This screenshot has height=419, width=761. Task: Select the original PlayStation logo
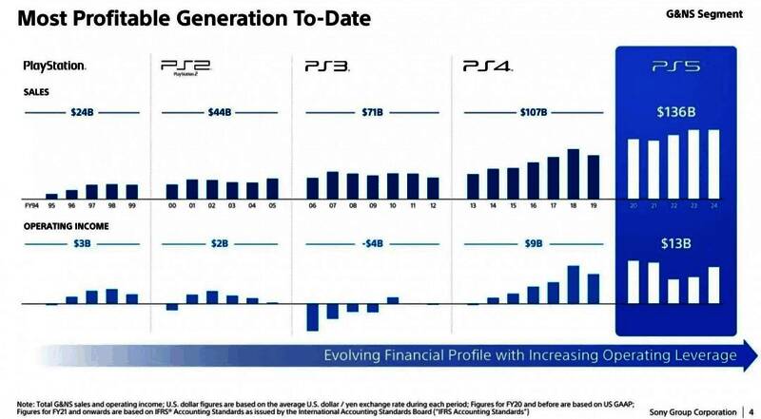(x=54, y=67)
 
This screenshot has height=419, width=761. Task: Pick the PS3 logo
(x=327, y=67)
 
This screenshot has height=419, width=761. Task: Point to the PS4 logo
(x=487, y=67)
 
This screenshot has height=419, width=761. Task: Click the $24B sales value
(x=82, y=112)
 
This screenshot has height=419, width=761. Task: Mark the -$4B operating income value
(x=373, y=243)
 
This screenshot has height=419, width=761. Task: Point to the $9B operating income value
(x=534, y=243)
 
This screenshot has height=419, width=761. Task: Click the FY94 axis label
(x=31, y=204)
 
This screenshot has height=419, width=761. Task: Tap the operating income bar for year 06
(x=312, y=317)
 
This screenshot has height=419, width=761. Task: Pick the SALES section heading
(x=36, y=92)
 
